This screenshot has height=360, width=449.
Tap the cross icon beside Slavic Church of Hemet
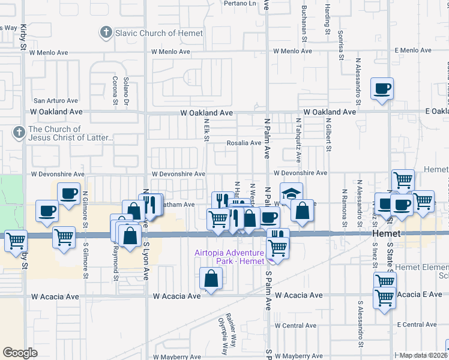tap(106, 32)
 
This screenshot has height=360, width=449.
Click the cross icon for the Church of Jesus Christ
tap(19, 133)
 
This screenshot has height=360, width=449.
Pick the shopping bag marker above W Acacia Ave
tap(211, 278)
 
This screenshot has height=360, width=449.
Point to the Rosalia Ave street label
tap(244, 143)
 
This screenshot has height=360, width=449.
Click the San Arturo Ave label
tap(56, 101)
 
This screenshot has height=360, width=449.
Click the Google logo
tap(20, 353)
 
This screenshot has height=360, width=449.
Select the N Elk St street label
tap(206, 130)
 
